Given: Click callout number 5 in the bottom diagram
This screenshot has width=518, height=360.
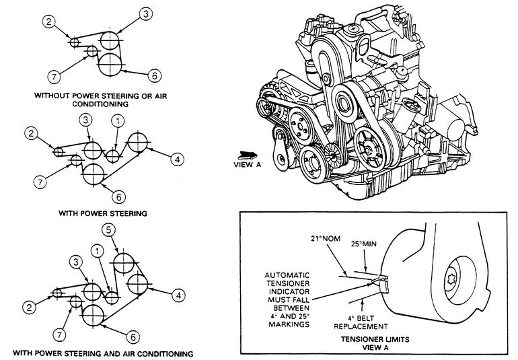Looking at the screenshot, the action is point(109,230).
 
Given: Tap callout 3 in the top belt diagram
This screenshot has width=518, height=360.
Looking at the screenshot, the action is point(145,14).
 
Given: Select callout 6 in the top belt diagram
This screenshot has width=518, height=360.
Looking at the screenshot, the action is point(154,76).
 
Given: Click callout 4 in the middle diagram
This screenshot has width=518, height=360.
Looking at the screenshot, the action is point(177,159).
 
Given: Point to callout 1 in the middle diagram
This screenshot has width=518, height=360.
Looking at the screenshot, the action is point(118,121).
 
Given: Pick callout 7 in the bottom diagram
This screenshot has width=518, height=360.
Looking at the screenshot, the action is point(59,335).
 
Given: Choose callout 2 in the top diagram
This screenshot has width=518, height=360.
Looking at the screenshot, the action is point(49,22).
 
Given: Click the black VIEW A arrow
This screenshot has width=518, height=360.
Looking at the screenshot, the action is point(248,154).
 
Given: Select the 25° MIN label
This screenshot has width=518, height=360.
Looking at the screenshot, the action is point(364,244).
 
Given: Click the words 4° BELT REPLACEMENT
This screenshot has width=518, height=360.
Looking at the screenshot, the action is point(361,322).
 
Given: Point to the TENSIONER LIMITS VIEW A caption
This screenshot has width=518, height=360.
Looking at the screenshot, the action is point(375,343).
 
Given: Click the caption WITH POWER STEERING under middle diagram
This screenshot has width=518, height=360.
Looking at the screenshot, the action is point(103,213).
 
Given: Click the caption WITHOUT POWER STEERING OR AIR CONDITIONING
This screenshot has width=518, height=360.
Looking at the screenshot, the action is point(100,100).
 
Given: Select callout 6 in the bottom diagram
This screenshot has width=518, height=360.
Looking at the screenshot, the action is point(133,337).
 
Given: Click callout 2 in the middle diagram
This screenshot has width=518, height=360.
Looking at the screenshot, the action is point(31,133).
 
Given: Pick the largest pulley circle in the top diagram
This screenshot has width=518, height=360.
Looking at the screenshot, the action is point(110,64).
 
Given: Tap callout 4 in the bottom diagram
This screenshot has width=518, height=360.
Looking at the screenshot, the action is point(178,295).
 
